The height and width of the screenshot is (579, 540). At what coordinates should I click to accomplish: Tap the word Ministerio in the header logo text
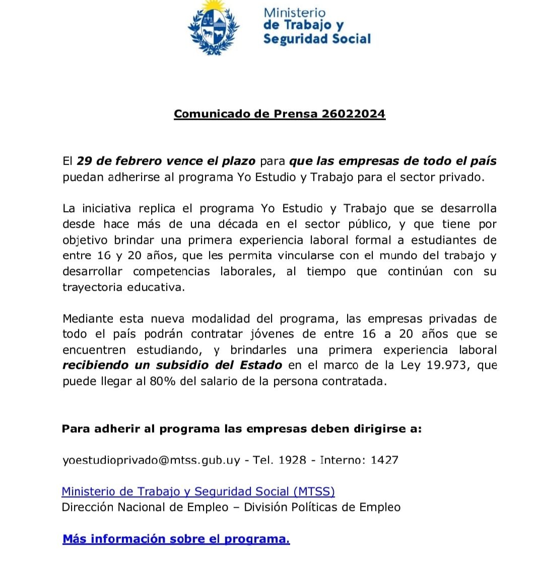click(x=295, y=12)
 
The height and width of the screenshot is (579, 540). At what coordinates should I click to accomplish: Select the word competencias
click(x=171, y=272)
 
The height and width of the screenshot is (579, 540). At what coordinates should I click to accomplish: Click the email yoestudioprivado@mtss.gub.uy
click(x=151, y=460)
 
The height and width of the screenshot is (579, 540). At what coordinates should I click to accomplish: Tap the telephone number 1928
click(x=292, y=460)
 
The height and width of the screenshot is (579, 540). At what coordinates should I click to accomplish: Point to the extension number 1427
click(x=384, y=460)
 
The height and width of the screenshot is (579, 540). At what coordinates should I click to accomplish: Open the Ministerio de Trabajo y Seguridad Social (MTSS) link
click(x=198, y=492)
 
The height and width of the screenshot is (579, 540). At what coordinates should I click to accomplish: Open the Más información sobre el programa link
click(x=176, y=539)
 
